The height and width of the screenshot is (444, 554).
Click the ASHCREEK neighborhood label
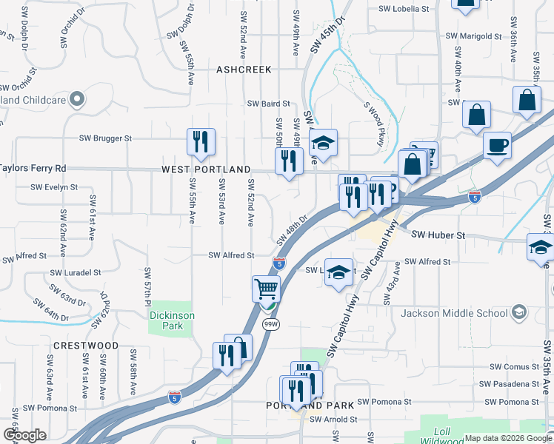pos(244,70)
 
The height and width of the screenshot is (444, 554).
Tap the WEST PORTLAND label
pos(206,169)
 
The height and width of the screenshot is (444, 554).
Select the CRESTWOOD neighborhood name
pos(85,346)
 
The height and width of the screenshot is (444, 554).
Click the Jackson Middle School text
pos(453,313)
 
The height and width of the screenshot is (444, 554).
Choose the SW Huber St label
pos(437,235)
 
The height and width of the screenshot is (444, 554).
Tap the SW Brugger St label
pos(105,138)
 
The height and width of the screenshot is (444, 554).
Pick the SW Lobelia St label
pos(404,10)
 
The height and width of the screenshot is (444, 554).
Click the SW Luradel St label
pos(75,272)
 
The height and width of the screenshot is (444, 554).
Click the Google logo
pos(24,435)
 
